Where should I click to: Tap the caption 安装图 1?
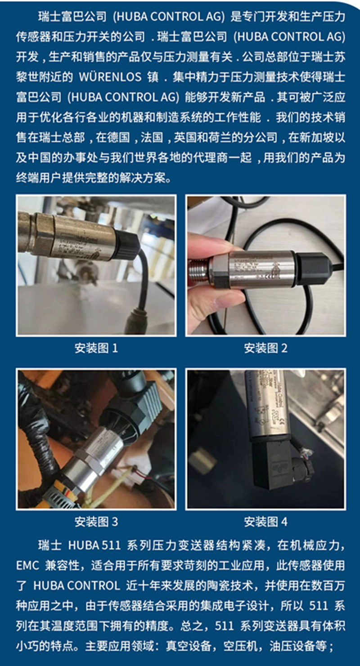[96, 348]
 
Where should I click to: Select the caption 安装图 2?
[265, 348]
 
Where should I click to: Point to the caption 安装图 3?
[96, 522]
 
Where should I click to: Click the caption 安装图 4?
[265, 522]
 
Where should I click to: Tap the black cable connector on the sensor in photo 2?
[312, 268]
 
